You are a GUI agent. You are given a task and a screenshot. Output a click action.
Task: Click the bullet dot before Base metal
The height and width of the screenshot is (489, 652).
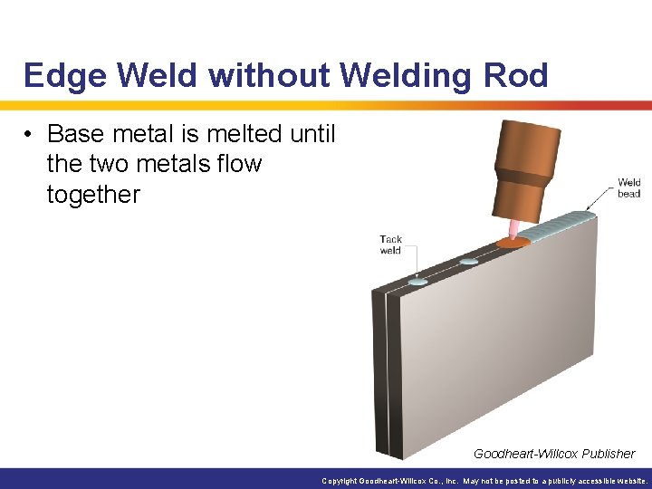(29, 135)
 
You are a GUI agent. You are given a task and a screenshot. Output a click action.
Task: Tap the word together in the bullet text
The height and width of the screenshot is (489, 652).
(93, 194)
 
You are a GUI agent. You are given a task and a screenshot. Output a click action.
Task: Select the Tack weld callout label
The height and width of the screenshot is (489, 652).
(390, 244)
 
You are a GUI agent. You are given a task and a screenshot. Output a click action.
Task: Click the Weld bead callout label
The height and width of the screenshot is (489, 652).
(628, 187)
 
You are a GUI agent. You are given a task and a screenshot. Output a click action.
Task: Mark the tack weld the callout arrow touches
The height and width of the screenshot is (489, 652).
(418, 283)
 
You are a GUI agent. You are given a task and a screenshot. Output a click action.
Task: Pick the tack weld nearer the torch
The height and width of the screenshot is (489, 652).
(468, 262)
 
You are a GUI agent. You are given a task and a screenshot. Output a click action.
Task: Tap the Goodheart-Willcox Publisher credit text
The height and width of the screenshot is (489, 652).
(554, 454)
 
